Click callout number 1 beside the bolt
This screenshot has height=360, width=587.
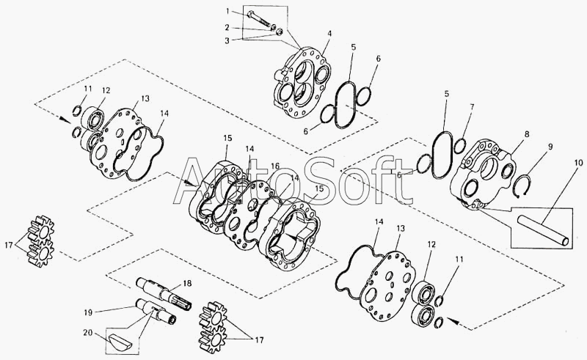pyautogui.click(x=227, y=11)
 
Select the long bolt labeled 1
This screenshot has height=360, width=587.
pyautogui.click(x=259, y=19)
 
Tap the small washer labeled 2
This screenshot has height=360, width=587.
pyautogui.click(x=274, y=27)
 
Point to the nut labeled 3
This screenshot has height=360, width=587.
pyautogui.click(x=280, y=32)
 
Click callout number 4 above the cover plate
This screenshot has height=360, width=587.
pyautogui.click(x=329, y=33)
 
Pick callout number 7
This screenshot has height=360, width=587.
pyautogui.click(x=472, y=107)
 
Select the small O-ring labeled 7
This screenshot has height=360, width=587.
pyautogui.click(x=460, y=146)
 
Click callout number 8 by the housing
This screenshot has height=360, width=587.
pyautogui.click(x=527, y=134)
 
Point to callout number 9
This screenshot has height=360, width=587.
pyautogui.click(x=550, y=147)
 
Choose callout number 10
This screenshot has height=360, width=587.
pyautogui.click(x=578, y=163)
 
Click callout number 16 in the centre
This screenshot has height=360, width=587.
pyautogui.click(x=275, y=166)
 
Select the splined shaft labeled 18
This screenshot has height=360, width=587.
pyautogui.click(x=164, y=293)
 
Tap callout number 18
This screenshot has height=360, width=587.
pyautogui.click(x=187, y=283)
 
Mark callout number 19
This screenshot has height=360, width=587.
pyautogui.click(x=87, y=312)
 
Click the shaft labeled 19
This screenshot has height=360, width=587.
pyautogui.click(x=156, y=311)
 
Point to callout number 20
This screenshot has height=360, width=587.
pyautogui.click(x=88, y=331)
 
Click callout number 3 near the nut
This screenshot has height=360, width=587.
pyautogui.click(x=227, y=40)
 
